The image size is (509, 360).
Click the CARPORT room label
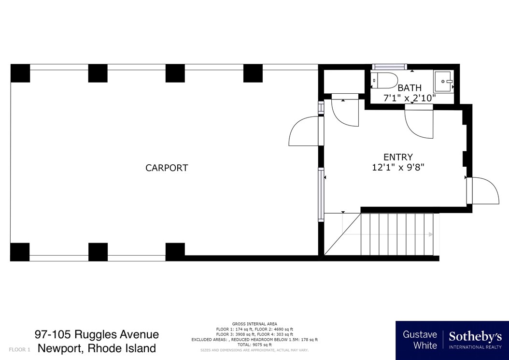pyautogui.click(x=167, y=168)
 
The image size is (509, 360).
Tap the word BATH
pyautogui.click(x=410, y=88)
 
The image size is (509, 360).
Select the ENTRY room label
pyautogui.click(x=398, y=157)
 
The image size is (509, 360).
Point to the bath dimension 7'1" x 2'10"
pyautogui.click(x=410, y=98)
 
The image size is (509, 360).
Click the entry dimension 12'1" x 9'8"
pyautogui.click(x=397, y=168)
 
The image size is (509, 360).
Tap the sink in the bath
pyautogui.click(x=443, y=82)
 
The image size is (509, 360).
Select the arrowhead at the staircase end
pyautogui.click(x=430, y=234)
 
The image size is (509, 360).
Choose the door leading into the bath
pyautogui.click(x=418, y=123)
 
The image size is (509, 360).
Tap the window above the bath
pyautogui.click(x=390, y=67)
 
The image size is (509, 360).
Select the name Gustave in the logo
pyautogui.click(x=420, y=334)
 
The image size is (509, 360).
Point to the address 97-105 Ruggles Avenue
pyautogui.click(x=97, y=334)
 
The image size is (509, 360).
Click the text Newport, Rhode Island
pyautogui.click(x=97, y=348)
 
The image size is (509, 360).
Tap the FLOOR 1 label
pyautogui.click(x=20, y=349)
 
